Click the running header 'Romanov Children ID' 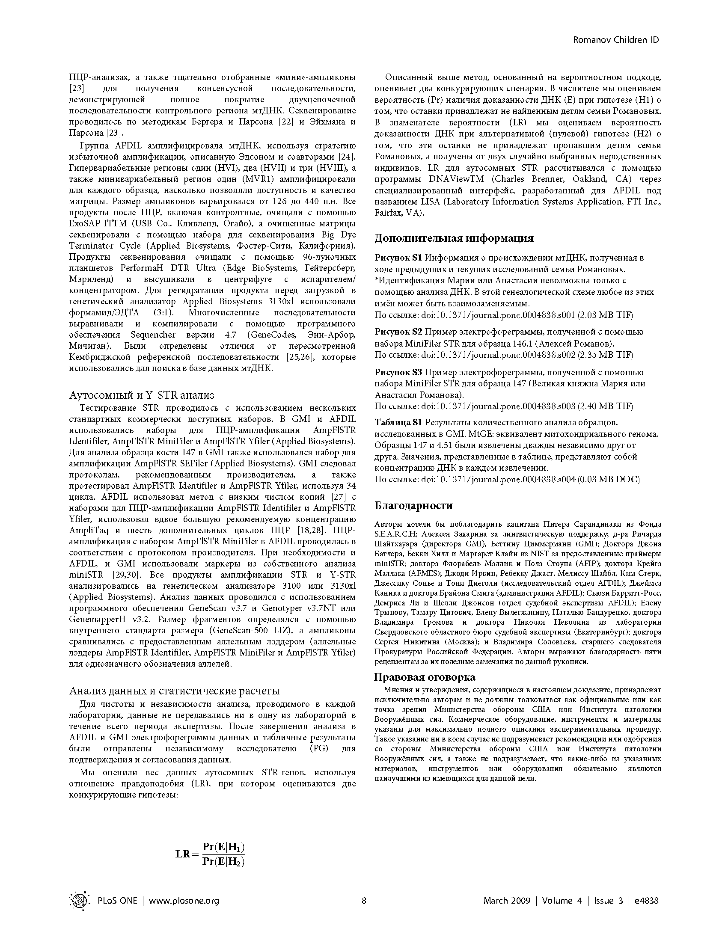(615, 40)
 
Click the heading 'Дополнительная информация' (454, 238)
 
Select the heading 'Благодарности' (413, 505)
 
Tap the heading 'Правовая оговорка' (425, 677)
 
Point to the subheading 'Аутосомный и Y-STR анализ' (142, 395)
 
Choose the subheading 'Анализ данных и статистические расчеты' (174, 691)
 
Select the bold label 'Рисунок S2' (398, 332)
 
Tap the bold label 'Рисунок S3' (398, 372)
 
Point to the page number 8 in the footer (364, 900)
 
